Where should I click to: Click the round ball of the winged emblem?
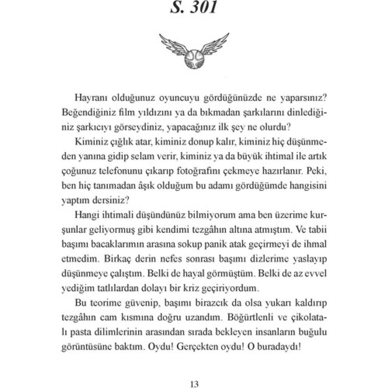(194, 56)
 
